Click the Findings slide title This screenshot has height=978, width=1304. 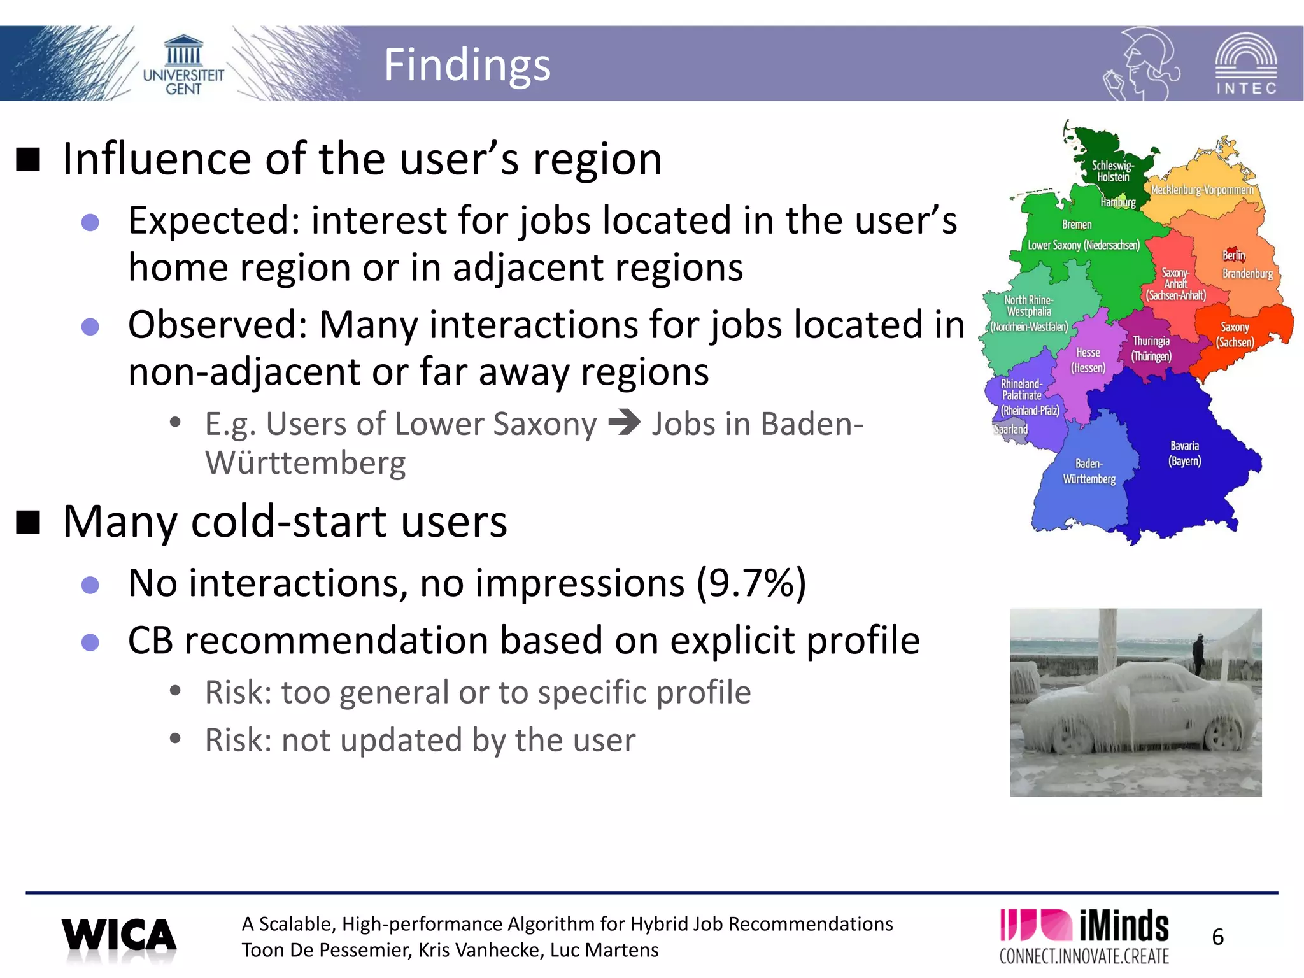pos(467,65)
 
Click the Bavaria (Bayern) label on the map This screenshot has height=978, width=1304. pos(1184,453)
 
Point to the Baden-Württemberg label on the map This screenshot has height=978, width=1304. pos(1089,471)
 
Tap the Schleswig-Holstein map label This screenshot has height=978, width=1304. pos(1112,171)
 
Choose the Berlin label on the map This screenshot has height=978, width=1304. pos(1233,255)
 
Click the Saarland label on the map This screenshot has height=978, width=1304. pos(1011,429)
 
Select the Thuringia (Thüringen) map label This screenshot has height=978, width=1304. pos(1151,349)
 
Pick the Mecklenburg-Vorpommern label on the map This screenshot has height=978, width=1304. pos(1201,190)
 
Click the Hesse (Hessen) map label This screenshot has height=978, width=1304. pos(1088,360)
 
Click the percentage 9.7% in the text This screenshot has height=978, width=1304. pos(751,583)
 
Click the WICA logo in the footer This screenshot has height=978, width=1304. pos(119,937)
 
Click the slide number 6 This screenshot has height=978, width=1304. pos(1217,937)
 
